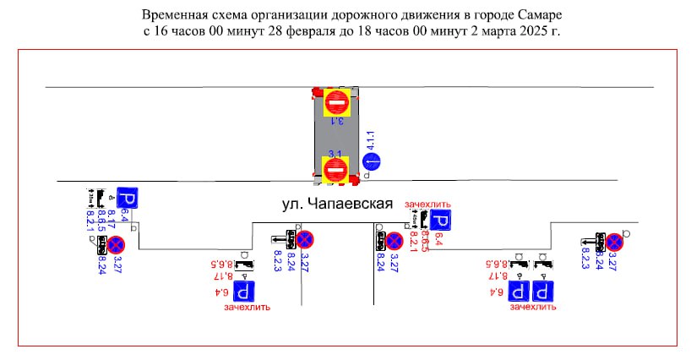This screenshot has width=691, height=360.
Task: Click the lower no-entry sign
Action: click(x=335, y=171)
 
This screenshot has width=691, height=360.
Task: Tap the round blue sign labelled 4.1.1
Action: click(x=371, y=161)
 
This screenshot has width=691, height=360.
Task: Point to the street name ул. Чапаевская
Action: click(x=338, y=204)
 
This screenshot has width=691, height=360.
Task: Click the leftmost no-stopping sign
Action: click(x=116, y=245)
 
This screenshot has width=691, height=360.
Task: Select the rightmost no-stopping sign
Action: click(x=615, y=243)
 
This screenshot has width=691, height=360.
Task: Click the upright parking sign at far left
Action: click(x=127, y=199)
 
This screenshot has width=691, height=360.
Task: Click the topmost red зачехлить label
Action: click(x=428, y=205)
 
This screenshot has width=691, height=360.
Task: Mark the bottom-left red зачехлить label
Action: click(x=247, y=308)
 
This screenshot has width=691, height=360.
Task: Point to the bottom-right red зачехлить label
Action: click(x=532, y=308)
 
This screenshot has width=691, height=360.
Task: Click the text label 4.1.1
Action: click(x=369, y=141)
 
